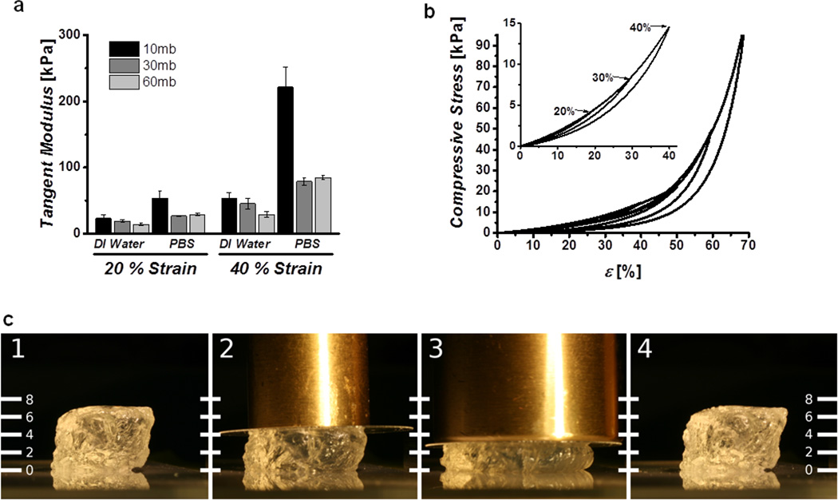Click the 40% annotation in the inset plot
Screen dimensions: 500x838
638,27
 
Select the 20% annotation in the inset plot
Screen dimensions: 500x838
564,111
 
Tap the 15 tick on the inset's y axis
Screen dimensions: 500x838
508,25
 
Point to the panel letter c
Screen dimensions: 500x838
9,319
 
